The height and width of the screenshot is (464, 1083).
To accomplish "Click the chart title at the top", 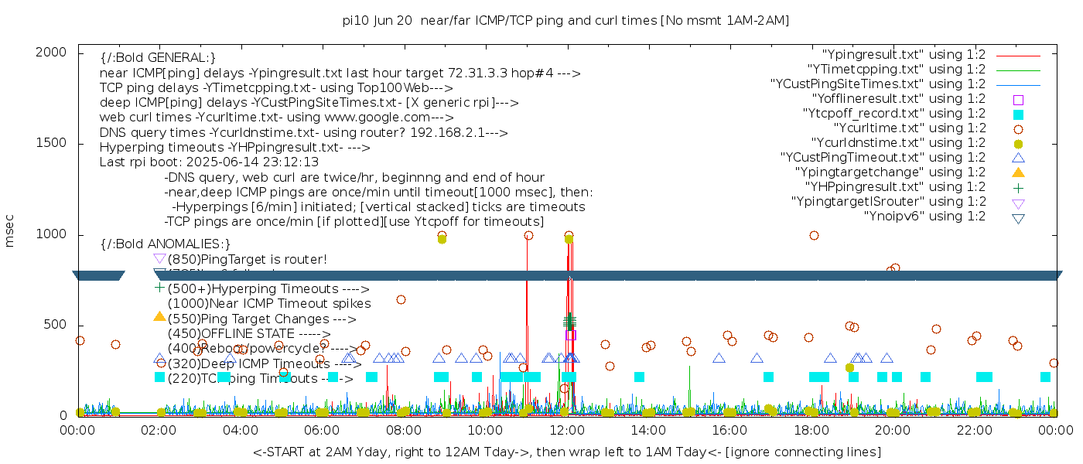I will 565,21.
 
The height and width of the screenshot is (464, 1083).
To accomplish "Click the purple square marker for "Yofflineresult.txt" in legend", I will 1018,99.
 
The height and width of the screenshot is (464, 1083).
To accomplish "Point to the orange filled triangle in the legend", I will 1018,172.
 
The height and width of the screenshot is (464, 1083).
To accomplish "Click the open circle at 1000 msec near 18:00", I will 814,235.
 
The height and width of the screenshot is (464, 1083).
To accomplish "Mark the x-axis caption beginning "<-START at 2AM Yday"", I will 566,451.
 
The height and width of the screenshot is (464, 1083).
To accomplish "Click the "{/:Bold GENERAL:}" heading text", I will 158,58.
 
